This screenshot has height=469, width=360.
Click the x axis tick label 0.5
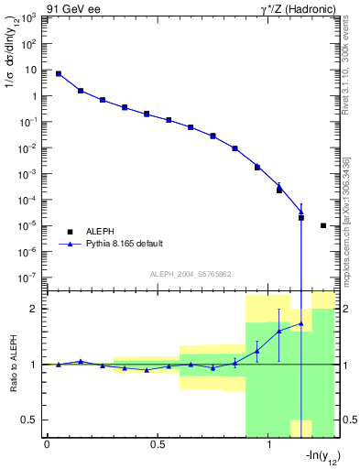(158, 444)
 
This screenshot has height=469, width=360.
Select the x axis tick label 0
(47, 444)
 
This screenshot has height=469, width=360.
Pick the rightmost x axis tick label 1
(268, 444)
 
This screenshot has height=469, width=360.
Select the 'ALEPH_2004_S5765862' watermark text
(191, 275)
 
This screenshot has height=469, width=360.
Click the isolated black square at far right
(323, 225)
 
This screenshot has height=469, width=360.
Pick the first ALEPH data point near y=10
(59, 73)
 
